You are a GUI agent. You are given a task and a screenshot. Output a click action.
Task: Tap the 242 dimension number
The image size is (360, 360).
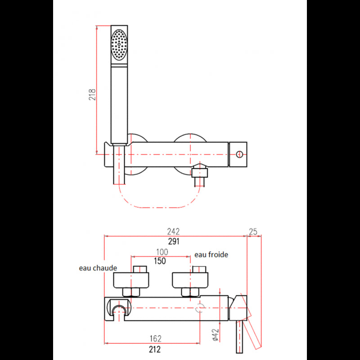(x=174, y=232)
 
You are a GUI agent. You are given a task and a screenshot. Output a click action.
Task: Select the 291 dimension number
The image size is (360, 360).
(x=174, y=242)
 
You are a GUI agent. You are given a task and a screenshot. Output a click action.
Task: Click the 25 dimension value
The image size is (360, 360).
(x=253, y=232)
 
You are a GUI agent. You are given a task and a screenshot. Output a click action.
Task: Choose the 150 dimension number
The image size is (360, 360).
(x=160, y=261)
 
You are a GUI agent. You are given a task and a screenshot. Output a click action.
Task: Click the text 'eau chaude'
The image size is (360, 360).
(x=98, y=268)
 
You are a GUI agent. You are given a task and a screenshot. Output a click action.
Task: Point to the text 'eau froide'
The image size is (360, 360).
(x=211, y=255)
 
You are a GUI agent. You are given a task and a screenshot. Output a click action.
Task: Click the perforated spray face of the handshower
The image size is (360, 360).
(x=119, y=44)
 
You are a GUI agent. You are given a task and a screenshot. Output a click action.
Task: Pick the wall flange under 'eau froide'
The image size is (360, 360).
(x=191, y=281)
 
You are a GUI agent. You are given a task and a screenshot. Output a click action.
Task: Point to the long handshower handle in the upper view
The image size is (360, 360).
(x=119, y=103)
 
